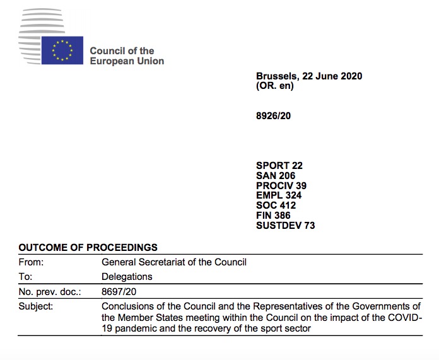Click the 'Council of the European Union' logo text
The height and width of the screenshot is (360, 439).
(x=127, y=55)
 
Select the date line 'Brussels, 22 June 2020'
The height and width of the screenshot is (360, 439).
(x=309, y=76)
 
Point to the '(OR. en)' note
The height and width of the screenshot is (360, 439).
(x=275, y=86)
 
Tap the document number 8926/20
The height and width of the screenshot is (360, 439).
(x=273, y=115)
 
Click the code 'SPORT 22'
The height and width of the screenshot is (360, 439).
(x=279, y=166)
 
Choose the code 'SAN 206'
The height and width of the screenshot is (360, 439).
(x=276, y=176)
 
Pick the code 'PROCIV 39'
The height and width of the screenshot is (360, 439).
(x=281, y=186)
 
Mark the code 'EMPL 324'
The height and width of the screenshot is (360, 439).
(x=278, y=195)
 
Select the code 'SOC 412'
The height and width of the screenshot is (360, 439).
(x=276, y=206)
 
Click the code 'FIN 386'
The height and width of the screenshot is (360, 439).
(x=273, y=216)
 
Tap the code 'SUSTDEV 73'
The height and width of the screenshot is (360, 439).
(x=285, y=226)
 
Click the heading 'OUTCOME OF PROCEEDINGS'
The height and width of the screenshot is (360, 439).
(x=88, y=247)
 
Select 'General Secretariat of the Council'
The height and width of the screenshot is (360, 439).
(x=174, y=262)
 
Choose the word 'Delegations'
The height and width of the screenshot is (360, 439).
(x=127, y=277)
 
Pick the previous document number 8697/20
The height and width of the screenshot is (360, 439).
(x=119, y=292)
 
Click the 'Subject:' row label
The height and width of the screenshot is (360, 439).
(x=36, y=306)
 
